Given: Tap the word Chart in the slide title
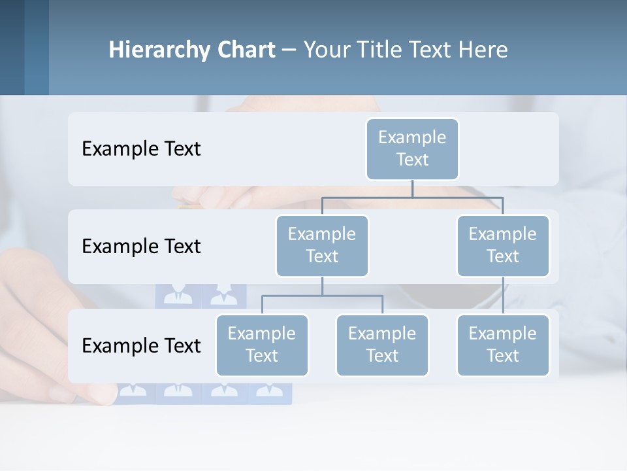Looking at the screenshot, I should pyautogui.click(x=244, y=50).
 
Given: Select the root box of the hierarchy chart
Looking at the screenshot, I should pyautogui.click(x=412, y=148).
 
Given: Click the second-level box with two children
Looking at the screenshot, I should pyautogui.click(x=322, y=245).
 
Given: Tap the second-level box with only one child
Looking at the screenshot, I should pyautogui.click(x=503, y=245).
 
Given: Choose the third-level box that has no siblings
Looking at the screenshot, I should pyautogui.click(x=503, y=345).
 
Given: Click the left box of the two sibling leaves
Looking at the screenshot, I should pyautogui.click(x=262, y=345).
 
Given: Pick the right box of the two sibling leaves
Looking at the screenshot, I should pyautogui.click(x=382, y=345).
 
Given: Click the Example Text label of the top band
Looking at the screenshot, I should pyautogui.click(x=141, y=148).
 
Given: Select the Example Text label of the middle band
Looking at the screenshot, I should pyautogui.click(x=141, y=246).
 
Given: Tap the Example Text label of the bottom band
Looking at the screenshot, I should pyautogui.click(x=141, y=345).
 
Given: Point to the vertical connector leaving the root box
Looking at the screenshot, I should pyautogui.click(x=412, y=188).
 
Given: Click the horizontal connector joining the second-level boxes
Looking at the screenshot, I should pyautogui.click(x=457, y=197).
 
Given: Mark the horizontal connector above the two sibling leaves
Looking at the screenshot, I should pyautogui.click(x=353, y=296).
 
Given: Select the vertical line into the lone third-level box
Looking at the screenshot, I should pyautogui.click(x=503, y=296).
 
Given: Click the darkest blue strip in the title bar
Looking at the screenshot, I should pyautogui.click(x=12, y=47).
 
